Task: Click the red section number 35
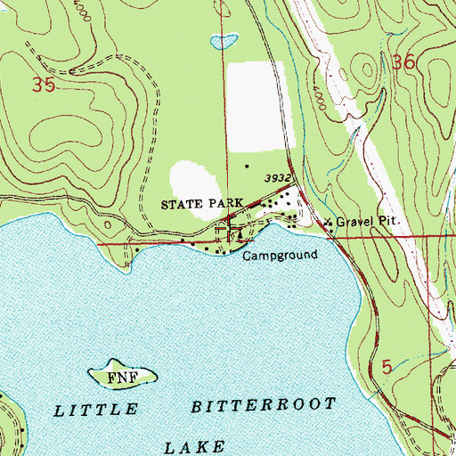pos(42,85)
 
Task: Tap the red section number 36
pos(403,63)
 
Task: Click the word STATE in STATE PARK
pos(181,204)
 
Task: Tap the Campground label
pos(281,256)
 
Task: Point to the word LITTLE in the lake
pos(97,410)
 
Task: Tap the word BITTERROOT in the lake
pos(265,405)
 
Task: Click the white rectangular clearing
pos(256,107)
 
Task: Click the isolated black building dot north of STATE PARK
pos(248,166)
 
